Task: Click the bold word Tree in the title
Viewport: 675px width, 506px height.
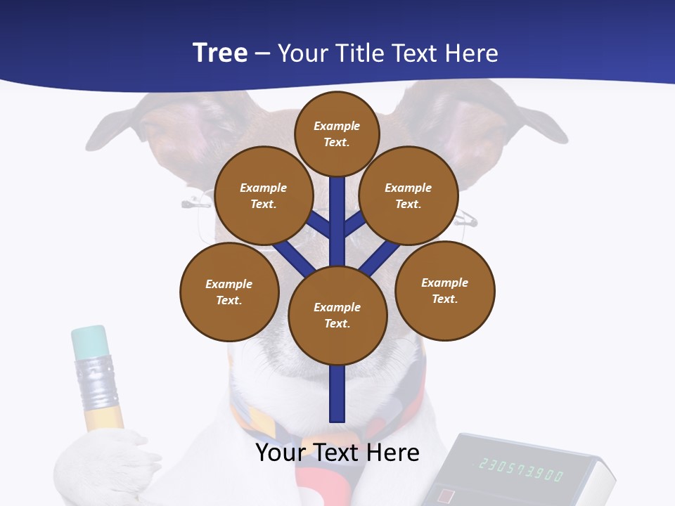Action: tap(220, 53)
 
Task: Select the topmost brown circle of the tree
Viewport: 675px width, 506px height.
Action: tap(337, 134)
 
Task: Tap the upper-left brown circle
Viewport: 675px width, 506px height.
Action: tap(263, 195)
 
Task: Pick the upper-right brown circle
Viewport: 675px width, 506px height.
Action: tap(408, 195)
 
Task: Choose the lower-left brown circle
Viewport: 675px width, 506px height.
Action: tap(229, 292)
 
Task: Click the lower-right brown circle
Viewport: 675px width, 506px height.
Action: tap(444, 290)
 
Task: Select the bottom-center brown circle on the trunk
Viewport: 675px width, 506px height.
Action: tap(337, 315)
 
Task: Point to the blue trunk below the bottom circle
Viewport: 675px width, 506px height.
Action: tap(337, 394)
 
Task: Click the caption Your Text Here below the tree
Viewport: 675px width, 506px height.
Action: tap(337, 453)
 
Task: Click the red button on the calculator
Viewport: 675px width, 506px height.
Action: tap(446, 496)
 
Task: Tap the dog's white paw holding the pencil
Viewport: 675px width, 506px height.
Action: tap(105, 464)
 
